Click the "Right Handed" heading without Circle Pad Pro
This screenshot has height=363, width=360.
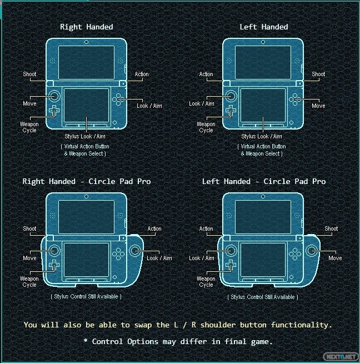pyautogui.click(x=87, y=27)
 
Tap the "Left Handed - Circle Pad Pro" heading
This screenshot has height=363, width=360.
pyautogui.click(x=264, y=181)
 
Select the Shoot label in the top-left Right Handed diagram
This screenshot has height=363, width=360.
pyautogui.click(x=29, y=74)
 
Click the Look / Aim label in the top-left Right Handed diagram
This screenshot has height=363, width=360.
pyautogui.click(x=149, y=106)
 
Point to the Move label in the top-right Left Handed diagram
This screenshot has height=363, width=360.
pyautogui.click(x=318, y=106)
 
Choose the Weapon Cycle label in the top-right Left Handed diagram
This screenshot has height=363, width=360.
pyautogui.click(x=206, y=127)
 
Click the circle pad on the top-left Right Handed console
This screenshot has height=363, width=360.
pyautogui.click(x=54, y=96)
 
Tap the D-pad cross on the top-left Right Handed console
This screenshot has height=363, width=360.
pyautogui.click(x=54, y=111)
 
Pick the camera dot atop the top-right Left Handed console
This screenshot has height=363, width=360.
pyautogui.click(x=263, y=42)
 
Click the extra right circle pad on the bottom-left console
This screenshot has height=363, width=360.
pyautogui.click(x=134, y=251)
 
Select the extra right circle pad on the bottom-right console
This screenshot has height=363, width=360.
pyautogui.click(x=312, y=251)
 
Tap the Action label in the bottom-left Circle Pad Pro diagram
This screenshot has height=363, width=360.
pyautogui.click(x=154, y=228)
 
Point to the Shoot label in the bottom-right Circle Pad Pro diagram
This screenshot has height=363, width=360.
pyautogui.click(x=331, y=228)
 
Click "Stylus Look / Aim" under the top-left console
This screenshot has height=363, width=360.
pyautogui.click(x=85, y=136)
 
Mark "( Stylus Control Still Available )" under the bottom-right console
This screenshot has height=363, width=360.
pyautogui.click(x=263, y=297)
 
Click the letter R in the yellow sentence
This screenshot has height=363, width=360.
pyautogui.click(x=194, y=325)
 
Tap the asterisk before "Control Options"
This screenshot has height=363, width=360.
pyautogui.click(x=86, y=340)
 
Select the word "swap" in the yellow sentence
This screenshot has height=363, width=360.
pyautogui.click(x=143, y=326)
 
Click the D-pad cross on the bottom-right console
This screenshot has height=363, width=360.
pyautogui.click(x=231, y=265)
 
